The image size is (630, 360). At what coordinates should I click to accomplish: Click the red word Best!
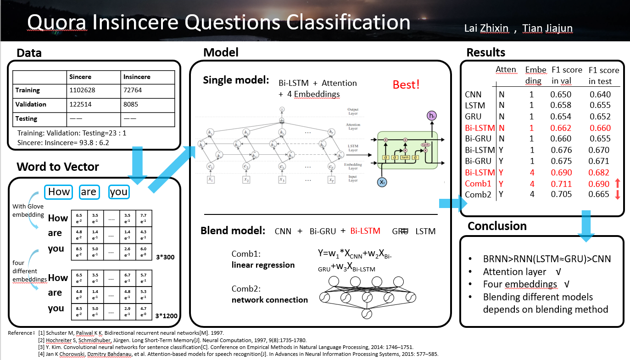coord(406,85)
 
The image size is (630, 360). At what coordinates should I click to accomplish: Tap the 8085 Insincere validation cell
coord(133,104)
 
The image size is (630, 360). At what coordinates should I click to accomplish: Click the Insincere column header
coord(137,77)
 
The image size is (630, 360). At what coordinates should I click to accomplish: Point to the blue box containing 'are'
coord(89,191)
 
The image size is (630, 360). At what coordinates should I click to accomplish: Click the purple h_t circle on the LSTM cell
coord(432,116)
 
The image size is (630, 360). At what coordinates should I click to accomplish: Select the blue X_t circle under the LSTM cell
coord(382,182)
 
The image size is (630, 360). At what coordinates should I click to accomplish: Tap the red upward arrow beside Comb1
coord(617,183)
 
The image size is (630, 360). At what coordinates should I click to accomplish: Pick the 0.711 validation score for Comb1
coord(561,184)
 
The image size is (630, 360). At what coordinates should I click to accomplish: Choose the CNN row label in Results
coord(473,95)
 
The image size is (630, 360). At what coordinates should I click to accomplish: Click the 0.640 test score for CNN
coord(600,95)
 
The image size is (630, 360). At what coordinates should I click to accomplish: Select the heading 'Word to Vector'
coord(58,167)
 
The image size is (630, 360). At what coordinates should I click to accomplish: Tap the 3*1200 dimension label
coord(166,316)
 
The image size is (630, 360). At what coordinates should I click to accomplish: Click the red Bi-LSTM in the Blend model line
coord(365,231)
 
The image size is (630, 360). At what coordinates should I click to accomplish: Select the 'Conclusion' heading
coord(497,226)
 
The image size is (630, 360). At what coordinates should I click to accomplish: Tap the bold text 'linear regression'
coord(263,265)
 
